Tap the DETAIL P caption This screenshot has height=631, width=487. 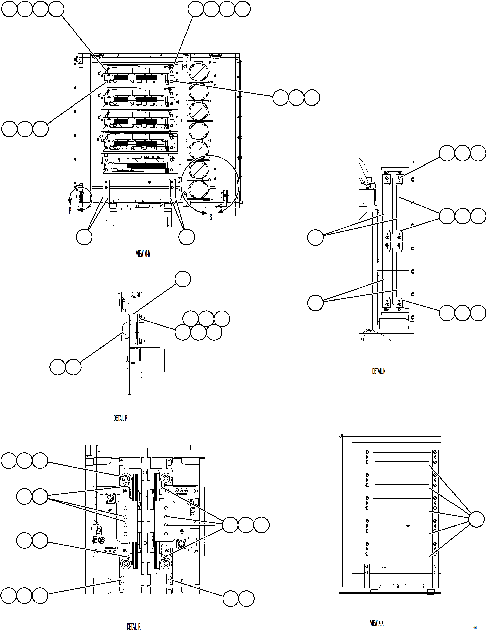(120, 418)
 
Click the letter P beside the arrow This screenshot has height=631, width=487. (70, 211)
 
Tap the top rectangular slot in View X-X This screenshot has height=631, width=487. (401, 458)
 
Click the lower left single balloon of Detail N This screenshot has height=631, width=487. (315, 303)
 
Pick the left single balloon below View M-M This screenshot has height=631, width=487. (84, 237)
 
